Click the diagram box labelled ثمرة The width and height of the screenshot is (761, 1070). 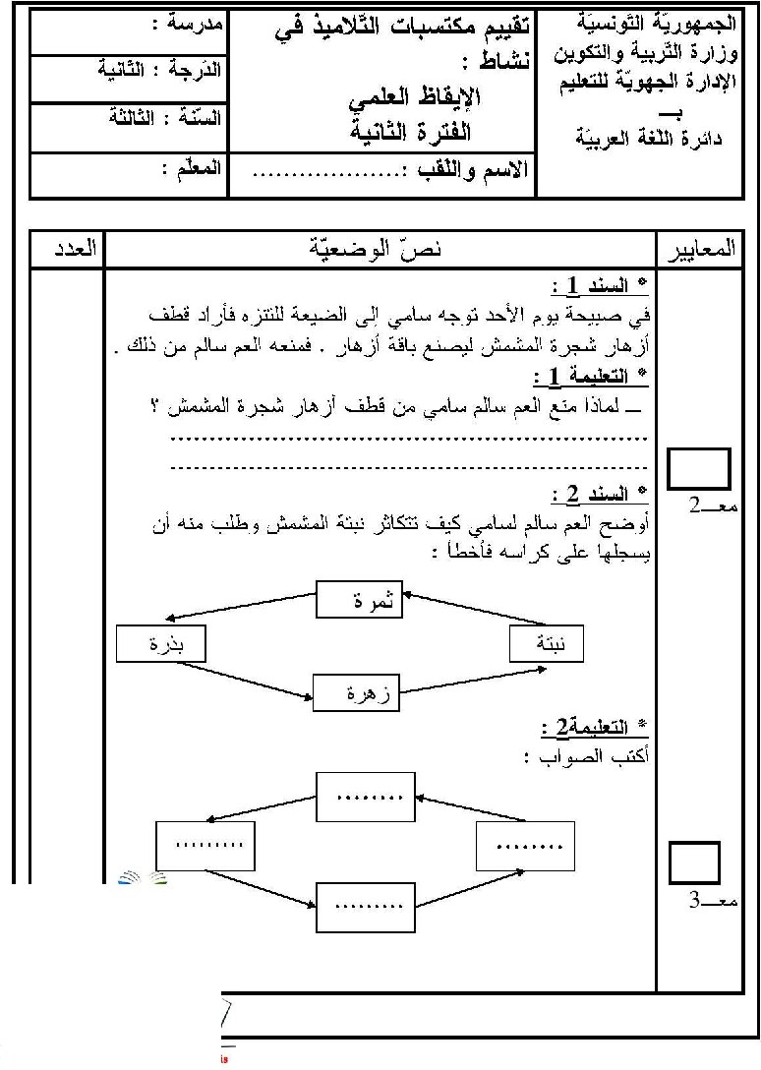pyautogui.click(x=360, y=600)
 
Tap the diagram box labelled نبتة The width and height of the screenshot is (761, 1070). pyautogui.click(x=547, y=644)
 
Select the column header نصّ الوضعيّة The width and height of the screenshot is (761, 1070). pyautogui.click(x=378, y=249)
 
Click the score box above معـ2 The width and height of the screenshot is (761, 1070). pyautogui.click(x=699, y=468)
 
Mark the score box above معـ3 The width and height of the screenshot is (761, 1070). pyautogui.click(x=694, y=862)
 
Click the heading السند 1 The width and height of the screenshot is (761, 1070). pyautogui.click(x=602, y=287)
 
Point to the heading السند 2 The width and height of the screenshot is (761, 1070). pyautogui.click(x=602, y=493)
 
